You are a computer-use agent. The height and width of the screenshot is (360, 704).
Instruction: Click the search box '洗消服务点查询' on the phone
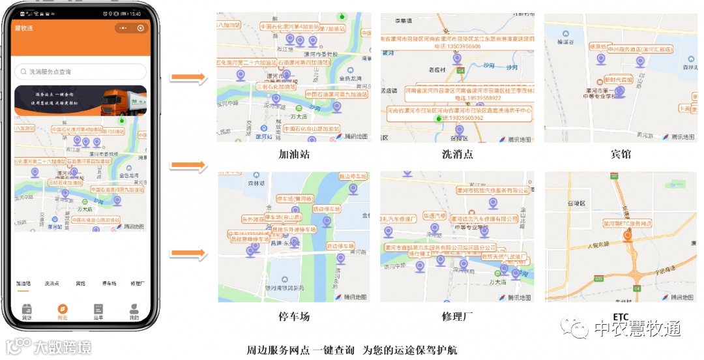[80, 72]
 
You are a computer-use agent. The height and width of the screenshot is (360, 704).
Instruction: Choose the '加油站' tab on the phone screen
[23, 284]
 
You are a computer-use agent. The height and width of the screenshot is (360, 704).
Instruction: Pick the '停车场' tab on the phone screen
[109, 284]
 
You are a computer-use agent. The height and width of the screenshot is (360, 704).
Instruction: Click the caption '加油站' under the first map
[294, 155]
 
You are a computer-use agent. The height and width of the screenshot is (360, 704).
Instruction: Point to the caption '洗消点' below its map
[458, 155]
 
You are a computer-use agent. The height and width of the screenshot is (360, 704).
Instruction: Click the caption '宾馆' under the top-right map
[621, 155]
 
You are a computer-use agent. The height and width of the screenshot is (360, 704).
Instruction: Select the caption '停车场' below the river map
[294, 316]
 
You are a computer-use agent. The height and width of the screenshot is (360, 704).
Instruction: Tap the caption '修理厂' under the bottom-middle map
[458, 316]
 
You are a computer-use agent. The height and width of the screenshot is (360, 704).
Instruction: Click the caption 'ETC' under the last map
[621, 316]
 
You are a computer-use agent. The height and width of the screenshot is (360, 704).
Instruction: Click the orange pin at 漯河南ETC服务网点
[627, 235]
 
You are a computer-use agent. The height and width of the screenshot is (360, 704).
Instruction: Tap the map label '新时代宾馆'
[618, 79]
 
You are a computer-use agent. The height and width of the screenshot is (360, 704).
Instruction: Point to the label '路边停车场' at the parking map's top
[353, 176]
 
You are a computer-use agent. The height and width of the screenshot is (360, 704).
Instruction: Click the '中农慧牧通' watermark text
[638, 329]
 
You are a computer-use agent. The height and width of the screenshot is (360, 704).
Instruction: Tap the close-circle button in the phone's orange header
[141, 28]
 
